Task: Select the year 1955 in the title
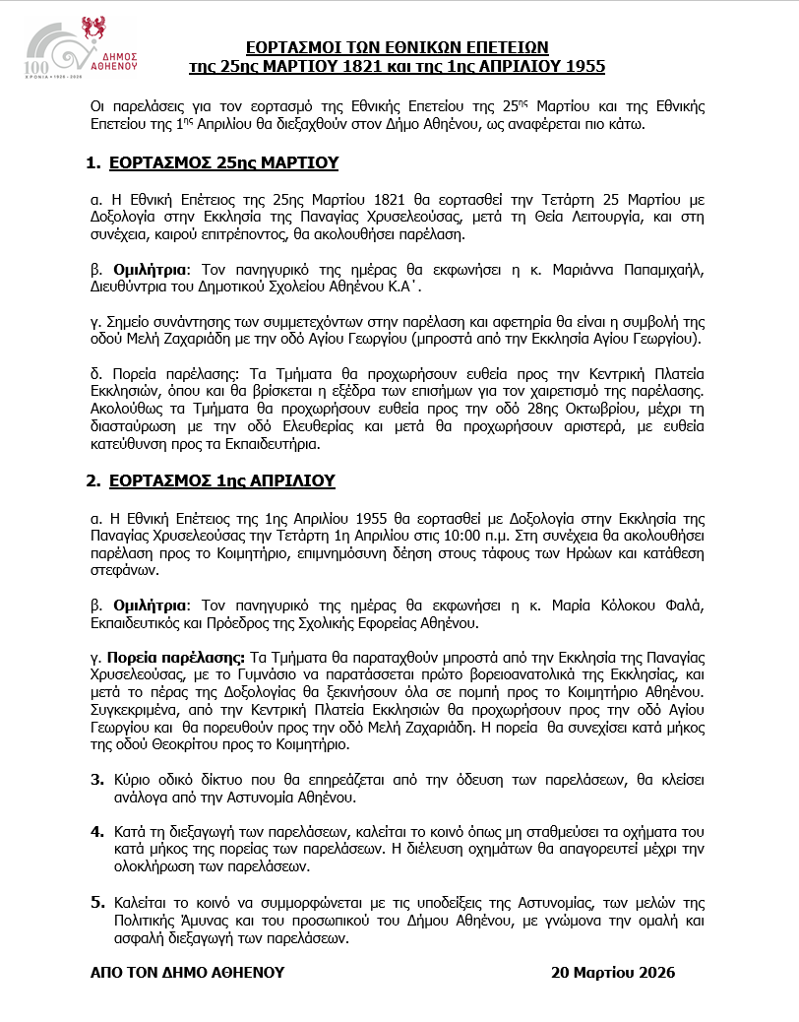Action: tap(584, 66)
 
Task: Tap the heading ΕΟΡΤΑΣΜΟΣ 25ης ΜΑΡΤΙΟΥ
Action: tap(223, 162)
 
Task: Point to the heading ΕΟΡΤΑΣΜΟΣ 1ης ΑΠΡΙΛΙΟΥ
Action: tap(221, 480)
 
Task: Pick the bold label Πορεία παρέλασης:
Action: tap(163, 656)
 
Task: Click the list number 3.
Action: tap(97, 779)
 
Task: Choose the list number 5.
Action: tap(97, 901)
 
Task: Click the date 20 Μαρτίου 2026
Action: tap(613, 972)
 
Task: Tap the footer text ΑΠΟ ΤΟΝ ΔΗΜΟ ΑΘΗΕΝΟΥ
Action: tap(187, 972)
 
